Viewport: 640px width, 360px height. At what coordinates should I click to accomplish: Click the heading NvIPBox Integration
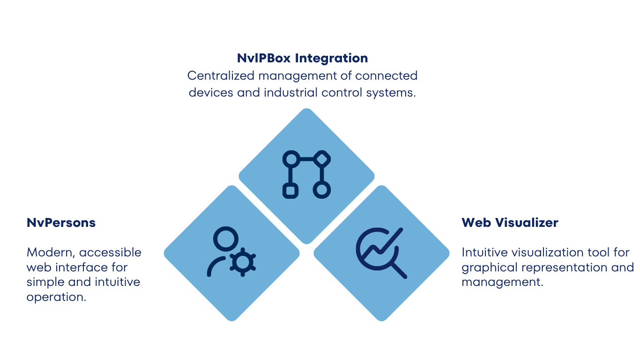click(302, 58)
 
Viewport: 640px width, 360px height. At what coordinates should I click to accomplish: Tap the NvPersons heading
click(61, 223)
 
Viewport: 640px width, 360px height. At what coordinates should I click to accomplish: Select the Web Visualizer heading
click(510, 223)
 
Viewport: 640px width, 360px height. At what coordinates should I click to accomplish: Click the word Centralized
click(221, 76)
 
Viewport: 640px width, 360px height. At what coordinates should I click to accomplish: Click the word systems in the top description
click(391, 93)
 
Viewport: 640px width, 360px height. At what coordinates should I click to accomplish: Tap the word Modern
click(51, 253)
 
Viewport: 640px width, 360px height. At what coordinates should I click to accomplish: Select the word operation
click(56, 297)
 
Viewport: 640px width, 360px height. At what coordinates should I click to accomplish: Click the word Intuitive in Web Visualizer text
click(484, 253)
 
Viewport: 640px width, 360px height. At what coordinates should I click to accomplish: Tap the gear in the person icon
click(243, 262)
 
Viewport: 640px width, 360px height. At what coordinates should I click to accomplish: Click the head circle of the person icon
click(226, 239)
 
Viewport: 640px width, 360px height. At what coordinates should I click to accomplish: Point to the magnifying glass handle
click(399, 270)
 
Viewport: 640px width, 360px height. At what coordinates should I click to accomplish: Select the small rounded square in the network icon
click(290, 191)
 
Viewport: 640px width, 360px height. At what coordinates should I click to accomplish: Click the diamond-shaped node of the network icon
click(322, 159)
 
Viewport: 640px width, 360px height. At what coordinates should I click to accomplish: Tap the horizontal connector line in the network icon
click(306, 159)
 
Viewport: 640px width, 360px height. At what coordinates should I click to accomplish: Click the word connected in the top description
click(386, 76)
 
